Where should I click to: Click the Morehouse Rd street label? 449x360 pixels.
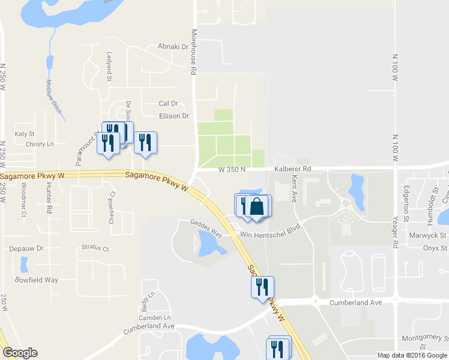(x=194, y=52)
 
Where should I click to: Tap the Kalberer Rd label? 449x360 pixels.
(x=293, y=170)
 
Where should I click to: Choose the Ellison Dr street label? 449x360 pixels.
(x=174, y=116)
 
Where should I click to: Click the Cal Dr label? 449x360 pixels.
(x=168, y=104)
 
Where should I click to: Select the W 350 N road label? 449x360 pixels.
(x=232, y=170)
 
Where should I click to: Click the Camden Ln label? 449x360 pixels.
(x=155, y=317)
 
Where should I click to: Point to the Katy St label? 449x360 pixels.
(x=25, y=134)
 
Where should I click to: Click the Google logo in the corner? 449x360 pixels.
(x=20, y=352)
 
